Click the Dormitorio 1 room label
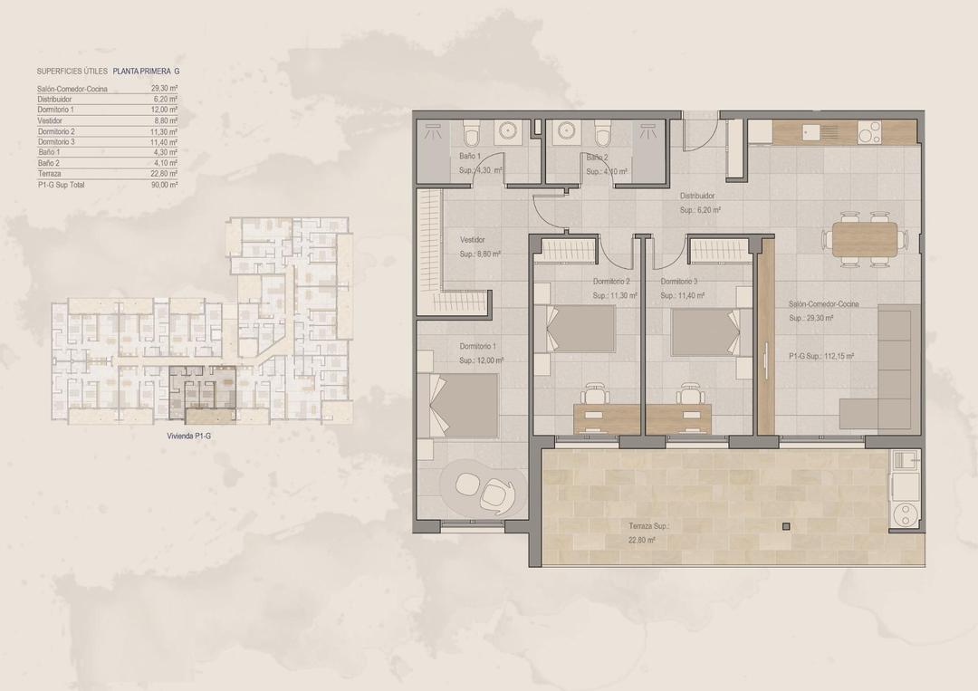tap(478, 347)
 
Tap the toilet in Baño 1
tap(469, 137)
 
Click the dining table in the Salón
tap(864, 240)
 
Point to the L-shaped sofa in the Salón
tap(892, 371)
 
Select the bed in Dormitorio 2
tap(579, 328)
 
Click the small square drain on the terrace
tap(785, 526)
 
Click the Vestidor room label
tap(473, 240)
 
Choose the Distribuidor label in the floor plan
tap(698, 195)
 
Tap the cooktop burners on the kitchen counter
tap(869, 132)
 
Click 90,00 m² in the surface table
tap(165, 184)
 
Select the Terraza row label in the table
tap(51, 174)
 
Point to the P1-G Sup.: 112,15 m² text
tap(821, 357)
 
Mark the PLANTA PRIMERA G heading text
tap(147, 71)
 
